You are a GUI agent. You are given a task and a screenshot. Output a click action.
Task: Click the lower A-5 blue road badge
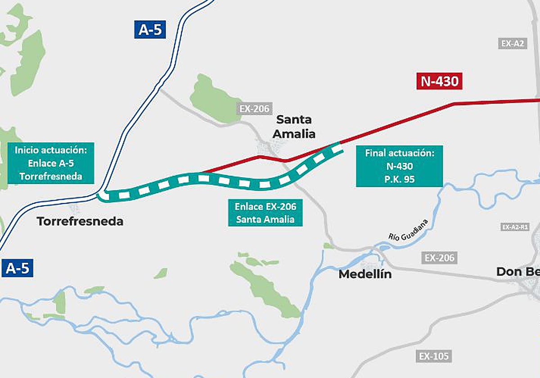tap(17, 268)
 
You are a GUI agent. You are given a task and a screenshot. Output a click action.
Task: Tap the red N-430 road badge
tap(439, 81)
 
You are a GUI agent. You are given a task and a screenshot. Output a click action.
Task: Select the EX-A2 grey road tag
tap(513, 44)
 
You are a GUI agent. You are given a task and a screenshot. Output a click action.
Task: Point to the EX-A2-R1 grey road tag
tap(514, 227)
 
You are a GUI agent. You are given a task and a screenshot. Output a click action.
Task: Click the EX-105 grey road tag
tap(434, 356)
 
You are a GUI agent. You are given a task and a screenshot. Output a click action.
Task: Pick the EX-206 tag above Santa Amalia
tap(254, 109)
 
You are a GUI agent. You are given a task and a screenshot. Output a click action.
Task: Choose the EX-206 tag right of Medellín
tap(440, 258)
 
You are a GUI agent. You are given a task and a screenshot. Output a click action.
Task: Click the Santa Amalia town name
tap(295, 126)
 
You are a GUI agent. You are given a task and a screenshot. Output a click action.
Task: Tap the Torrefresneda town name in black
tap(80, 221)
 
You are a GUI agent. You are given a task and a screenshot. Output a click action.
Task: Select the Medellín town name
tap(365, 274)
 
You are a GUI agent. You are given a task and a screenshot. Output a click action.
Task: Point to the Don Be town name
tap(517, 272)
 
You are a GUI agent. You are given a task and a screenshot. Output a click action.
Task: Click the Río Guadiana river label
tap(408, 230)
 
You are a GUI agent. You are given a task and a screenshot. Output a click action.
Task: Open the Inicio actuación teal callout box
tap(51, 163)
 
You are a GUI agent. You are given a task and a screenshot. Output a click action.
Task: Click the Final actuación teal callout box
tap(399, 166)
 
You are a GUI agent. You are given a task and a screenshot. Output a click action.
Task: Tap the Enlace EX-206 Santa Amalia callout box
tap(265, 213)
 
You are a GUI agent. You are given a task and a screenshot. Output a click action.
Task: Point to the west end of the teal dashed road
tap(102, 196)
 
